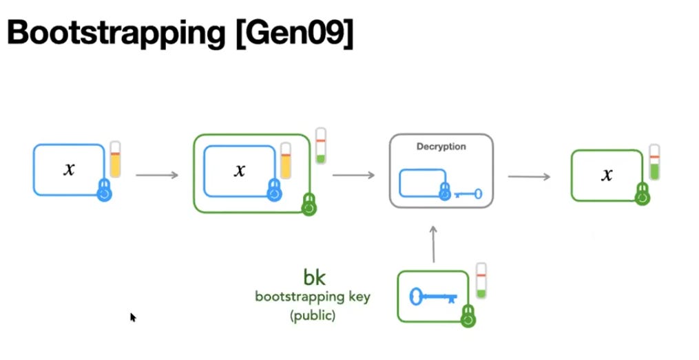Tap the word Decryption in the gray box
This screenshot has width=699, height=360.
(441, 147)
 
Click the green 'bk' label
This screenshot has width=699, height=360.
(314, 277)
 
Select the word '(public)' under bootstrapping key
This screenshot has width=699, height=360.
(313, 317)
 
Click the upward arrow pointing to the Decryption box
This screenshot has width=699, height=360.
(434, 244)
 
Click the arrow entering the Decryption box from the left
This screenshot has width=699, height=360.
(353, 175)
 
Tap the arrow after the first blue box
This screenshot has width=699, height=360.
(157, 175)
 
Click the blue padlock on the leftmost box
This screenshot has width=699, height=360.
(104, 191)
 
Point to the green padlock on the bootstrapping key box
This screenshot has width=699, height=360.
(469, 316)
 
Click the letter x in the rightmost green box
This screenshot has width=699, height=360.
(607, 176)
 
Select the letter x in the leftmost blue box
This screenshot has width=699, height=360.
(69, 169)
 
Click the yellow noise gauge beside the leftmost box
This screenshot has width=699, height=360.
(116, 160)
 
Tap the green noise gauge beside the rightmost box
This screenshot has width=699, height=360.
(654, 162)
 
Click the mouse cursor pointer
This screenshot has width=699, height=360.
(133, 317)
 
